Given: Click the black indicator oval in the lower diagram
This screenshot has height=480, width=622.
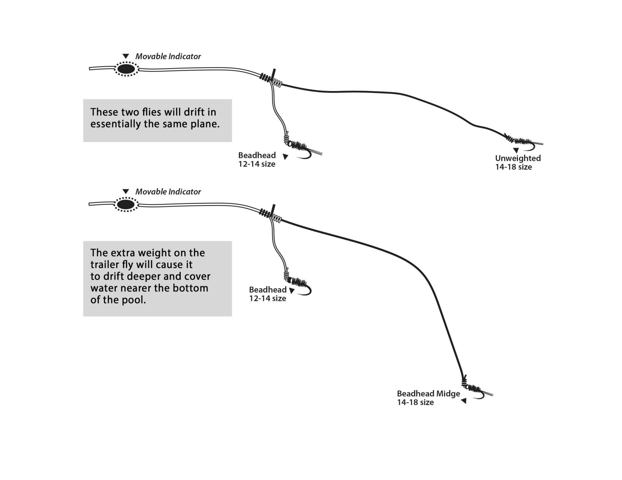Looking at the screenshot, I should coord(126,204).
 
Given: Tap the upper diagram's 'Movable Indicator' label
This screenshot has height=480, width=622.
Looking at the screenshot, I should coord(168,56).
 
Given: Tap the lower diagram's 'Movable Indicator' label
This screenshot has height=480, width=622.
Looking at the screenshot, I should coord(168,192).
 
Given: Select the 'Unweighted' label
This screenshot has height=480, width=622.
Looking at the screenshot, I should coord(518,158).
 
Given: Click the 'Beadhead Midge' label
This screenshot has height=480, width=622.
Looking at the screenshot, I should coord(428,394).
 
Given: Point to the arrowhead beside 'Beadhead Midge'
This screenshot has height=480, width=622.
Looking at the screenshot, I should coord(463,401).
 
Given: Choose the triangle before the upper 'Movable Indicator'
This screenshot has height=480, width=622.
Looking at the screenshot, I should coord(126,56).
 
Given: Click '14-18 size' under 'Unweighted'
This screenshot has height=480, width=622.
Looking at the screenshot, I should coord(513,167).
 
